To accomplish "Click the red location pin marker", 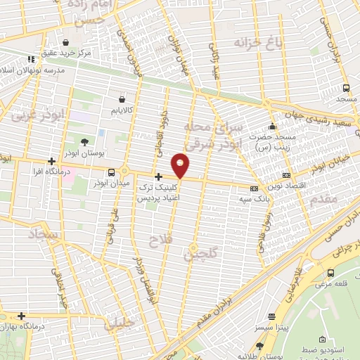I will point(181,165).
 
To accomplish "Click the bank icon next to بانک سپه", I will point(254,188).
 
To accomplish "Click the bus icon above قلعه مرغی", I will point(330,273).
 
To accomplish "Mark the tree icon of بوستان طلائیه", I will point(260,345).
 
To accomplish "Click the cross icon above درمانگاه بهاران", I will point(22,316).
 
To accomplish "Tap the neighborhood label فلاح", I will point(159,241).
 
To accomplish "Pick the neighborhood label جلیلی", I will point(121,324).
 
